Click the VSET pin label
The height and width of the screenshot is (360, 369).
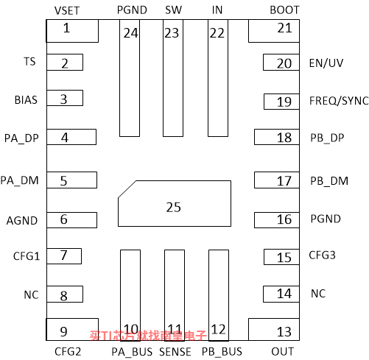coord(67,11)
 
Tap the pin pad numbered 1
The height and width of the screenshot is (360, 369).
coord(72,31)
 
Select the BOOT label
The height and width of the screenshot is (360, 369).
coord(284,10)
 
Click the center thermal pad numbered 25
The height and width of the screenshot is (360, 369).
coord(175,203)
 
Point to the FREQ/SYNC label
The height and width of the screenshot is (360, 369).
coord(339,101)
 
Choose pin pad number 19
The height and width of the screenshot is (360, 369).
coord(281,102)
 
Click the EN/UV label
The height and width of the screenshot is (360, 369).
coord(326,63)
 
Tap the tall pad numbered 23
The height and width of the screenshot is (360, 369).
coord(173,78)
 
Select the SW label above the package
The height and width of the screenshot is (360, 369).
coord(173,10)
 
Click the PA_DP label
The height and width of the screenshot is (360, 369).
coord(21,138)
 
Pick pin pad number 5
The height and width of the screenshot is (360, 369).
coord(72,180)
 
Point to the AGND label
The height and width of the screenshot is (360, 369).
coord(22,221)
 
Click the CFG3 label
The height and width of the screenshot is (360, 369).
coord(322,255)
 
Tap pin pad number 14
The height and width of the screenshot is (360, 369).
coord(281,294)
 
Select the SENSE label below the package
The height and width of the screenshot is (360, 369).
coord(175,352)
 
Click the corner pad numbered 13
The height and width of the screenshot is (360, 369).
coord(274,330)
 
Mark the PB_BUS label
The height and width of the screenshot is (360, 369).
coord(222,352)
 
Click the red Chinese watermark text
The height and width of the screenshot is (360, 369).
coord(148,336)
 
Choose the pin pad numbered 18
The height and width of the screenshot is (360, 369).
coord(277,137)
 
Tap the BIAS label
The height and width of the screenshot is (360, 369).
coord(26,100)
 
